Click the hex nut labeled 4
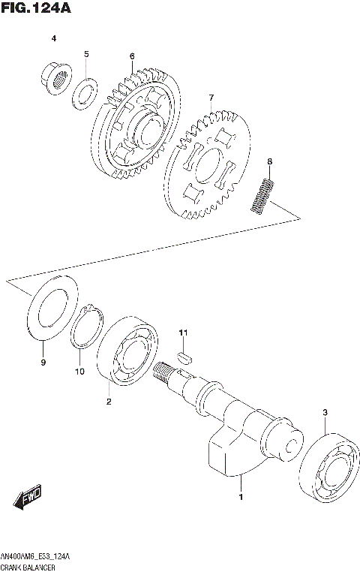pyautogui.click(x=55, y=75)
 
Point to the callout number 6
pyautogui.click(x=131, y=56)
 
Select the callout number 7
pyautogui.click(x=211, y=98)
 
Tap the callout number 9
pyautogui.click(x=43, y=363)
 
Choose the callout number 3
pyautogui.click(x=325, y=412)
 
